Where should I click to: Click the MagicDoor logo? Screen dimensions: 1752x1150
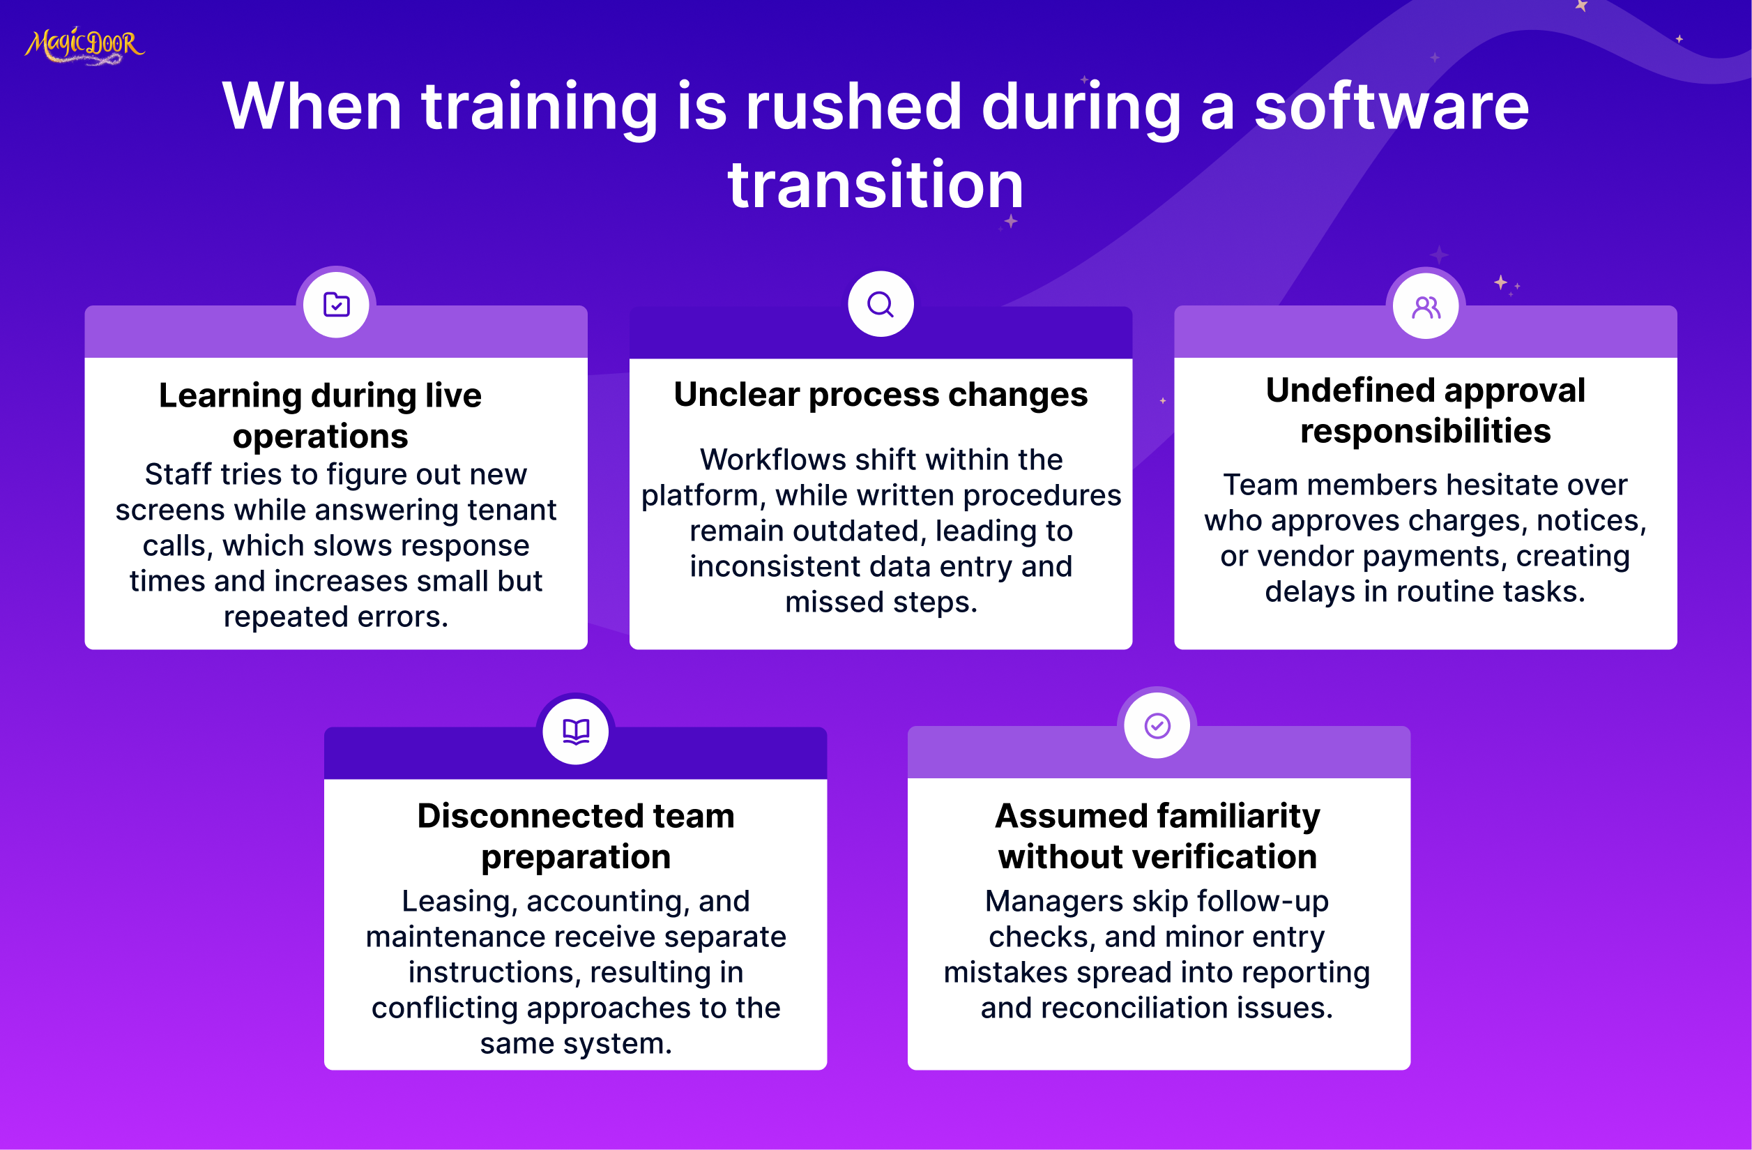(84, 45)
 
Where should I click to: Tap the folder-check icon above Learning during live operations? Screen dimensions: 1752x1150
(337, 304)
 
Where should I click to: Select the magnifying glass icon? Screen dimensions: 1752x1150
(881, 304)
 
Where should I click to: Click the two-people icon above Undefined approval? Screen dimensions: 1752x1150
(1426, 307)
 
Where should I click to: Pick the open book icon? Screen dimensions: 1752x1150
(576, 732)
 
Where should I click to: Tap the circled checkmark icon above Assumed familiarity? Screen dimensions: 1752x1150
(1157, 726)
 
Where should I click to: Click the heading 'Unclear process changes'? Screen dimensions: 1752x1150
(881, 395)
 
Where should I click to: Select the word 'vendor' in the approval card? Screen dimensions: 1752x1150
(1305, 556)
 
